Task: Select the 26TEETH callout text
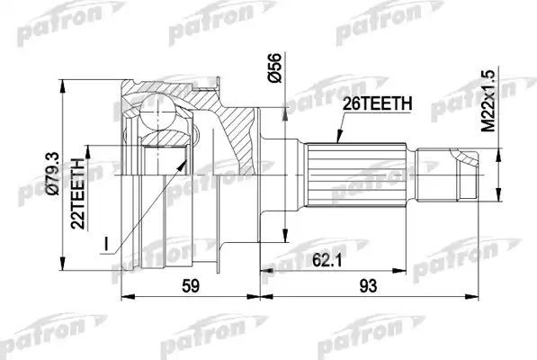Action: point(377,104)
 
